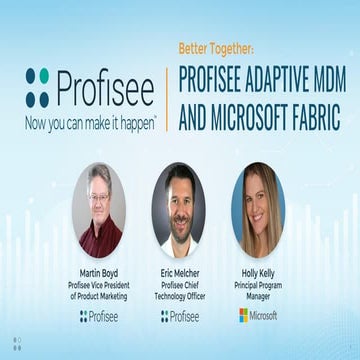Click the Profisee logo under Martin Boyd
click(x=101, y=316)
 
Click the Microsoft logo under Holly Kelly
click(x=257, y=315)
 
